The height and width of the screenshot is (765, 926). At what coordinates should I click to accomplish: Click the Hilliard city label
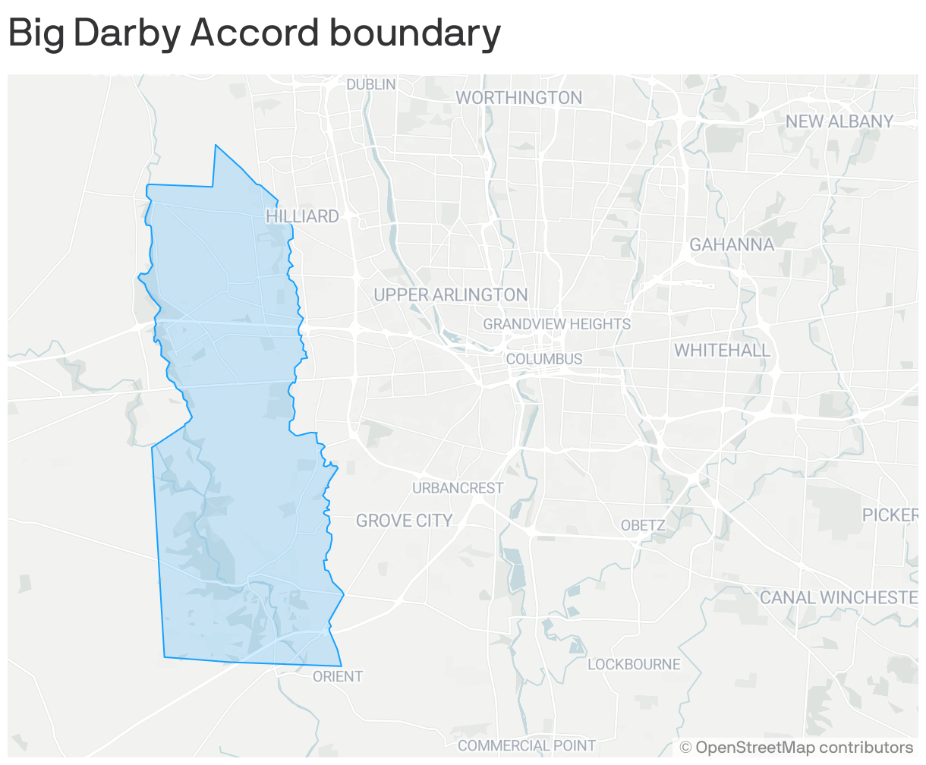click(x=302, y=216)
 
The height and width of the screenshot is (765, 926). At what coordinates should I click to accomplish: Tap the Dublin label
click(x=371, y=84)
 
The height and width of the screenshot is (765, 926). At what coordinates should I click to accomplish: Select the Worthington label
click(x=519, y=98)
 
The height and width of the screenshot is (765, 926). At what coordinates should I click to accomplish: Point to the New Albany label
click(x=839, y=121)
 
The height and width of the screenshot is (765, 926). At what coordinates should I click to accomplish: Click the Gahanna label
click(x=732, y=244)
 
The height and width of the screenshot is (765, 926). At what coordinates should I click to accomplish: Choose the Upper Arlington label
click(x=451, y=295)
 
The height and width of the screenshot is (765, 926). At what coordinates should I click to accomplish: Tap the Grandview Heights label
click(x=557, y=324)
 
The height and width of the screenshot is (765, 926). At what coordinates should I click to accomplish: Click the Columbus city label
click(x=544, y=359)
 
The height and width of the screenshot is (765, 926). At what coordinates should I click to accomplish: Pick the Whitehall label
click(x=722, y=351)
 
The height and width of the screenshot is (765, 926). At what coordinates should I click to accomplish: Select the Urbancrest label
click(x=458, y=488)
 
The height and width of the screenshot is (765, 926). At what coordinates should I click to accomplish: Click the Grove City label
click(x=405, y=521)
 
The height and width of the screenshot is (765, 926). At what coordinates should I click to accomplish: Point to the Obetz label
click(x=643, y=525)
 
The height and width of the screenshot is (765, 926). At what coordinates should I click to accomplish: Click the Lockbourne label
click(x=634, y=665)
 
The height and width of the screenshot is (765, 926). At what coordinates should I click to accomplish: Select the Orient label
click(x=338, y=676)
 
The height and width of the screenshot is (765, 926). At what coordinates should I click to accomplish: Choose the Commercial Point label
click(x=527, y=745)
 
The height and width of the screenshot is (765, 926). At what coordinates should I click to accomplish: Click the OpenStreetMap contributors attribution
click(x=797, y=748)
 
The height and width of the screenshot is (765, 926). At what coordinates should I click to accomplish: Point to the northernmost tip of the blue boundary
click(x=216, y=146)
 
